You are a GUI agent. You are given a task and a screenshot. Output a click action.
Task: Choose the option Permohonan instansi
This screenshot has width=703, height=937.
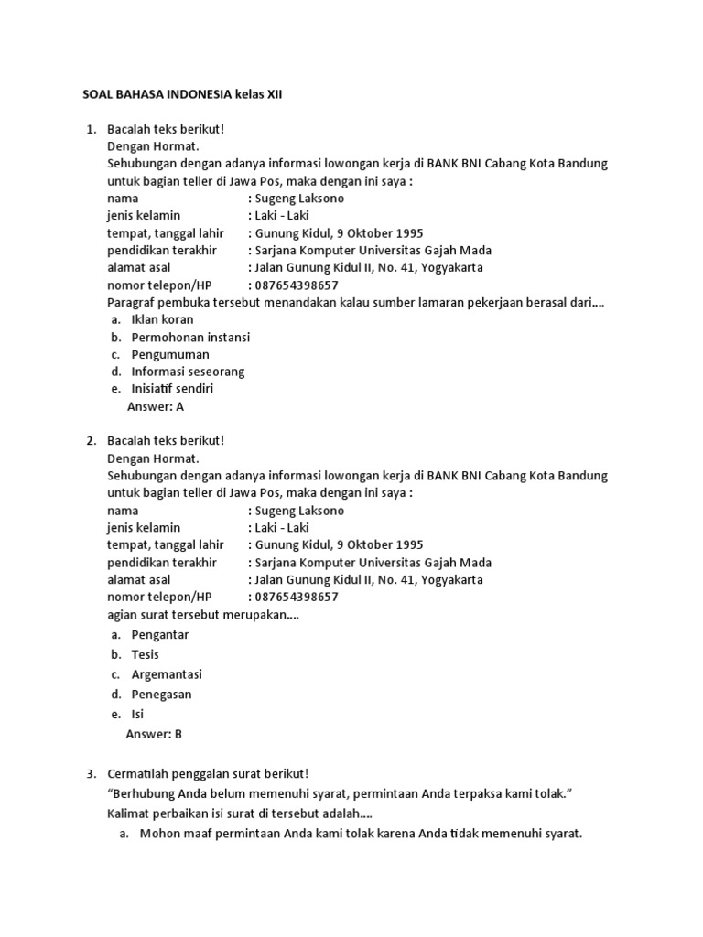click(190, 338)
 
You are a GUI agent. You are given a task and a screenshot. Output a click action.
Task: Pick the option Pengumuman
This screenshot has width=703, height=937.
click(170, 354)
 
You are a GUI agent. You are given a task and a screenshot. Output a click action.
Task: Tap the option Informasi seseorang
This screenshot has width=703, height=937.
click(188, 372)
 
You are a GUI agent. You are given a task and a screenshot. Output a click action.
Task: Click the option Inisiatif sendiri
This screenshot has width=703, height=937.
click(172, 389)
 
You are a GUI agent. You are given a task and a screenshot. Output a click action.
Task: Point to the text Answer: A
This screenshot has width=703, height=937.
click(155, 406)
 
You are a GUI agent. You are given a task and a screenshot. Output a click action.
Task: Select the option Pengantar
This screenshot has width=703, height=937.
click(160, 635)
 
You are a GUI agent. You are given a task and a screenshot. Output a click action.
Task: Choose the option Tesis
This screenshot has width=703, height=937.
click(146, 655)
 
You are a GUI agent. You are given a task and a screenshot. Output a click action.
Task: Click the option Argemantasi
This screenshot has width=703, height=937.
click(167, 674)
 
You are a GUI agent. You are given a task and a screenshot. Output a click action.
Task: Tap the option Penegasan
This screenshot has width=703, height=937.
click(163, 695)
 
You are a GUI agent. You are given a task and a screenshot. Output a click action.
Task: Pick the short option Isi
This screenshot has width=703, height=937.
click(137, 714)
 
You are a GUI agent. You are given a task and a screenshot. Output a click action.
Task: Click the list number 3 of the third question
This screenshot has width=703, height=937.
click(91, 774)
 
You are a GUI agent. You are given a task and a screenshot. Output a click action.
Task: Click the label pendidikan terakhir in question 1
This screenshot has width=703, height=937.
click(162, 251)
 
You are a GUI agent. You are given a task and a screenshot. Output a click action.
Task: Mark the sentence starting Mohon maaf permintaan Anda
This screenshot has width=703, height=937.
click(361, 834)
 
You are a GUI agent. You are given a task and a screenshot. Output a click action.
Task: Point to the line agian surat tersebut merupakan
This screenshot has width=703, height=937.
click(203, 615)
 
